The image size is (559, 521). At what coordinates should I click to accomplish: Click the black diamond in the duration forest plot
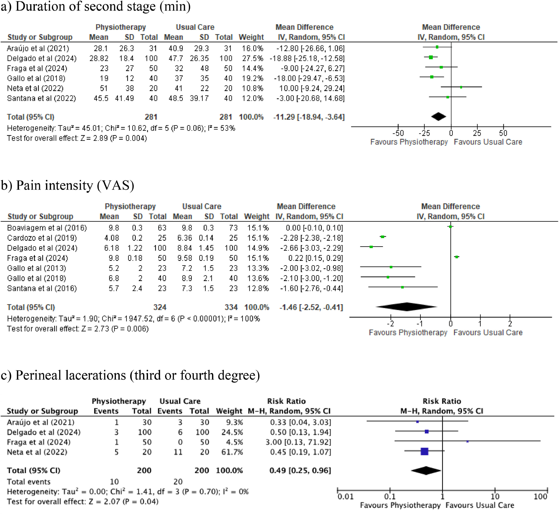click(x=438, y=116)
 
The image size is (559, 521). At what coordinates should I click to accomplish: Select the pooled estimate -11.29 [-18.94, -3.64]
click(x=309, y=117)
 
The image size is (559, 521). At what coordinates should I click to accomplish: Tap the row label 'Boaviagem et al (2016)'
click(x=47, y=228)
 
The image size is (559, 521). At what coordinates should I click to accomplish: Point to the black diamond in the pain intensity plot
click(x=407, y=307)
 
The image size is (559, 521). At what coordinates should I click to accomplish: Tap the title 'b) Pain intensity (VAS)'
click(x=67, y=186)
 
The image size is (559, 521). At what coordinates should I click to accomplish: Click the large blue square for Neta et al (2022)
click(x=424, y=452)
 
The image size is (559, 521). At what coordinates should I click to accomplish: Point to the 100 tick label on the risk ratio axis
click(x=540, y=497)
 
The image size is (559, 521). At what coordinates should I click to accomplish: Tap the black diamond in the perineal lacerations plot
click(x=426, y=470)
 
